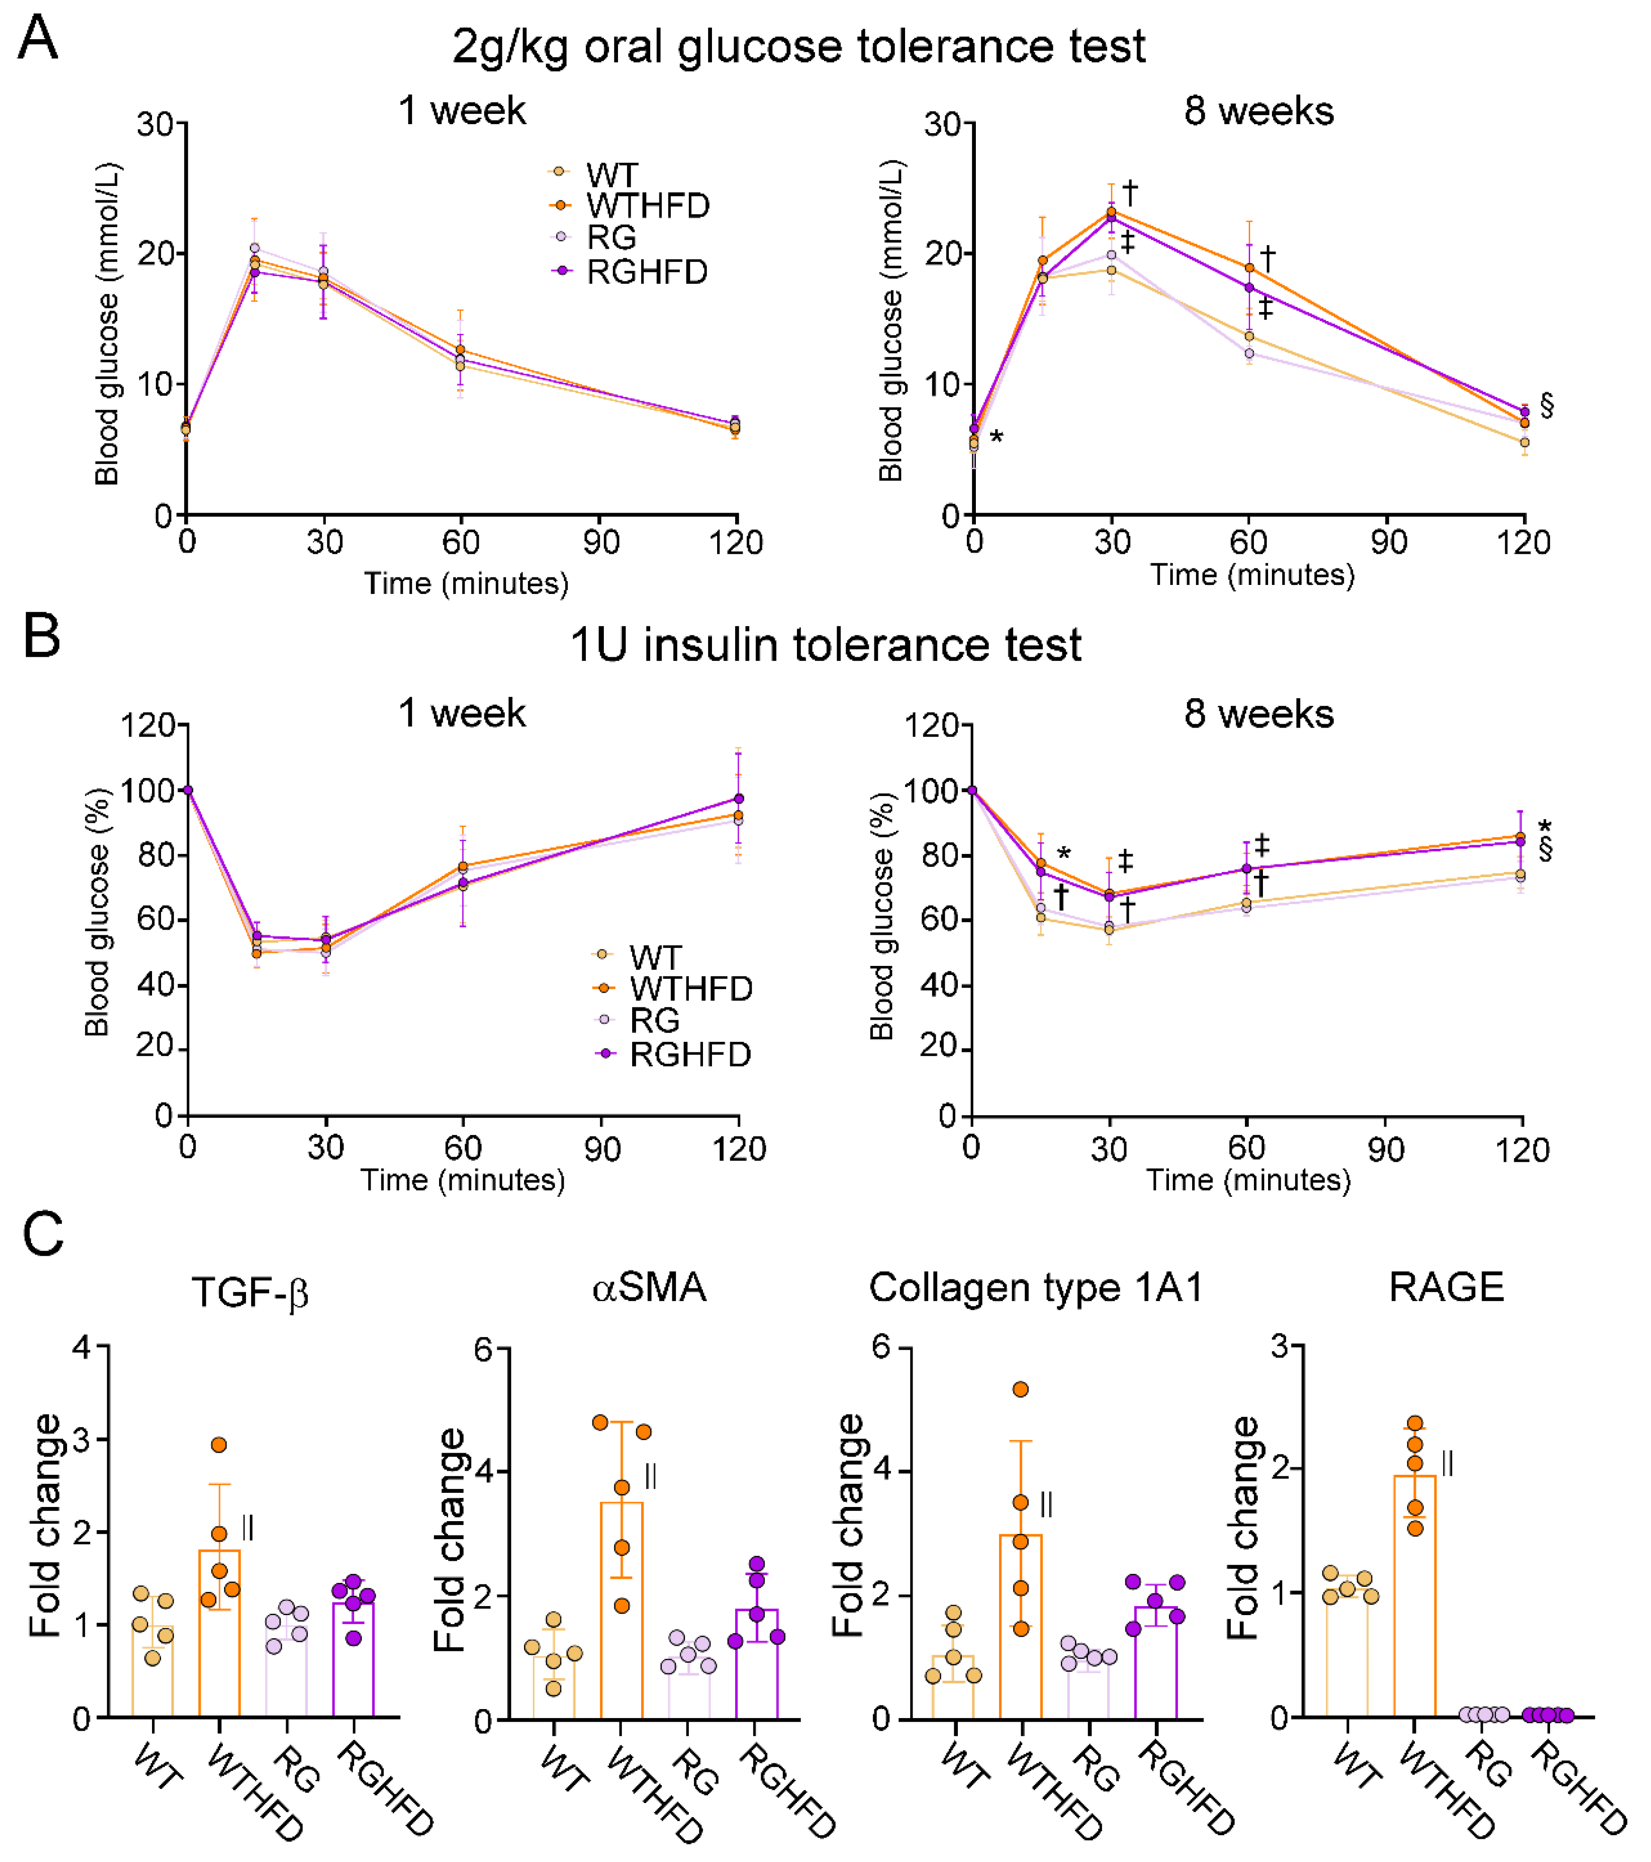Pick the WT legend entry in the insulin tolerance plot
coord(654,957)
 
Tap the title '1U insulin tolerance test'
coord(825,645)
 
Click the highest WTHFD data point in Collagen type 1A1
coord(1021,1389)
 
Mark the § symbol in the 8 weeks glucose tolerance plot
coord(1546,406)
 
